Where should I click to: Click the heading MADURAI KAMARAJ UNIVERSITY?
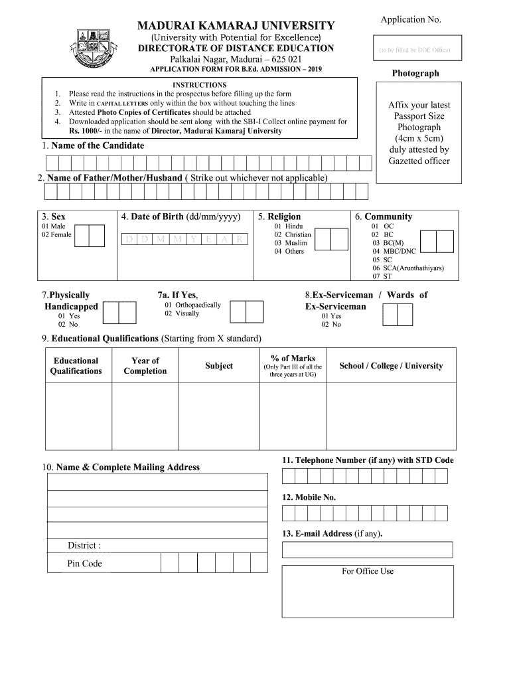[236, 26]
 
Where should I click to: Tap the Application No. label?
[410, 19]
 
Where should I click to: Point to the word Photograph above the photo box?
[415, 73]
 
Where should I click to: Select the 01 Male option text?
[53, 226]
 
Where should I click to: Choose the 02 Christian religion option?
[293, 235]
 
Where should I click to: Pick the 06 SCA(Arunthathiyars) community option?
[407, 268]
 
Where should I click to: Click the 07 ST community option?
[382, 276]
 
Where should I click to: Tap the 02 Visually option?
[182, 313]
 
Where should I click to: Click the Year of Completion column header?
[145, 366]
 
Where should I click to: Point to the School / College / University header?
[390, 366]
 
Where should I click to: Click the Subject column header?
[219, 366]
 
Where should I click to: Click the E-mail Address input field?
[367, 550]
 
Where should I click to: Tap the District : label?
[84, 546]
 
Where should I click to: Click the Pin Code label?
[84, 564]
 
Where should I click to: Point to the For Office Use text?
[368, 571]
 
